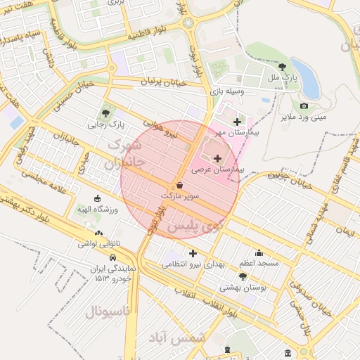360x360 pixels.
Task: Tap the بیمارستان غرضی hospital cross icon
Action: coord(217,159)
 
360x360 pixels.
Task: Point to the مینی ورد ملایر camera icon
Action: coord(304,106)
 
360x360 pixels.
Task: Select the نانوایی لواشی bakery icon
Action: coord(98,233)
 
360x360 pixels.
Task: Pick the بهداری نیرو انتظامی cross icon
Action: coord(193,253)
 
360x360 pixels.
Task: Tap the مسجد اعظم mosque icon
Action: coord(259,253)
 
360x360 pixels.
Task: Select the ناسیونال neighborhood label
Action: coord(108,311)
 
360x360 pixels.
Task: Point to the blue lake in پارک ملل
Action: coord(309,82)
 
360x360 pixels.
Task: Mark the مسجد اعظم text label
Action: coord(259,263)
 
